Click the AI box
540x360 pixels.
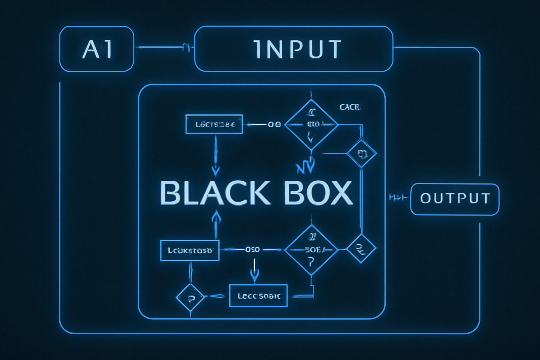(x=97, y=49)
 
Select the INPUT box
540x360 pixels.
(x=294, y=49)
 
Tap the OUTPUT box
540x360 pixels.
(x=455, y=199)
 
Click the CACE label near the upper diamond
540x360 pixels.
(x=350, y=107)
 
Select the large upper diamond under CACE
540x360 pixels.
(x=311, y=124)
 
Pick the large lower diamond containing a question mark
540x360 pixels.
(x=311, y=250)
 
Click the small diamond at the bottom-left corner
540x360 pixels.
(x=190, y=297)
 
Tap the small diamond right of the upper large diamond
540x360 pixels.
(x=361, y=154)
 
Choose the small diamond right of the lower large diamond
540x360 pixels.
(x=361, y=248)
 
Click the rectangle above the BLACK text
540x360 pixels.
(x=214, y=124)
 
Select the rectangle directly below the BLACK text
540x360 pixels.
(x=190, y=250)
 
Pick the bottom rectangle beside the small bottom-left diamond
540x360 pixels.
(x=258, y=296)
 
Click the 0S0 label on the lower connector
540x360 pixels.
(x=252, y=250)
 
